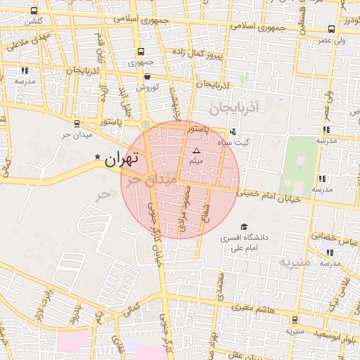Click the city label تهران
point(122,160)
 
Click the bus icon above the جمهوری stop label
point(141,52)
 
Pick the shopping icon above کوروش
point(147,77)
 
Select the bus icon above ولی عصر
point(331,30)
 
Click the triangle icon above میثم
point(196,151)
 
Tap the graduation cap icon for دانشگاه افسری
point(244,227)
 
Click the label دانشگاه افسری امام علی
point(244,243)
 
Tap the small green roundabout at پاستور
point(146,124)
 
